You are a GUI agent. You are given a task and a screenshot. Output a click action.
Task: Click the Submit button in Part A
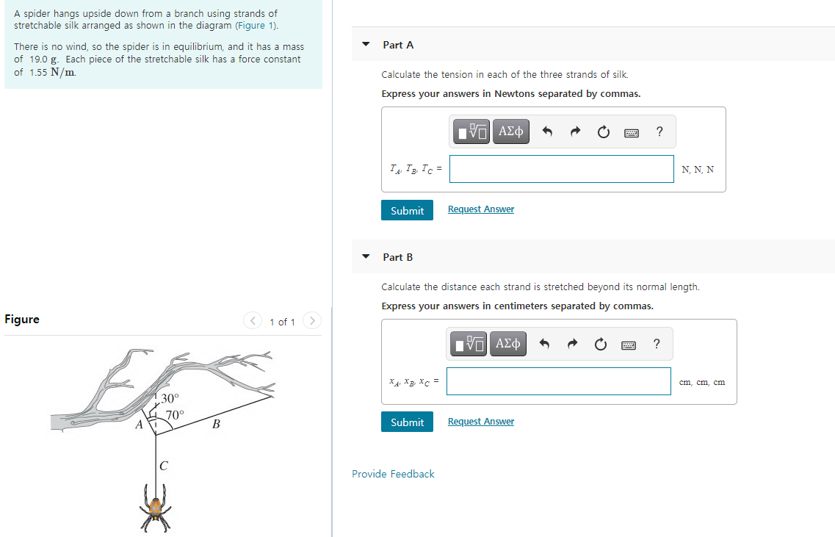click(x=407, y=210)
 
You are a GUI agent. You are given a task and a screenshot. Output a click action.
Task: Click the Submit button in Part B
click(x=407, y=422)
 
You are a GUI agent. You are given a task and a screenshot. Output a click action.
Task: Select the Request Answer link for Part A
click(x=480, y=209)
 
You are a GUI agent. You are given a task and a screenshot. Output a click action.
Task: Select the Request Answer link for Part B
click(x=480, y=422)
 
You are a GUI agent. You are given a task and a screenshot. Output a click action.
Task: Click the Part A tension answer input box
click(x=561, y=169)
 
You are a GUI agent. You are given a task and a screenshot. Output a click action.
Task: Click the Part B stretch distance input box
click(x=558, y=381)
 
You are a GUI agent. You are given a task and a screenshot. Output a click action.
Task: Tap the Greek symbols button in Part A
click(x=510, y=131)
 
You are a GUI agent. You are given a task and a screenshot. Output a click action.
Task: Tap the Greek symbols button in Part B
click(x=509, y=343)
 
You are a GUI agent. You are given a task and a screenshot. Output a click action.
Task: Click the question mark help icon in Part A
click(x=659, y=131)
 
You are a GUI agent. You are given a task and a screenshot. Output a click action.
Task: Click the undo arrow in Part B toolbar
click(x=544, y=344)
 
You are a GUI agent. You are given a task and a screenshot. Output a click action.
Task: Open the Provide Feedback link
click(x=393, y=474)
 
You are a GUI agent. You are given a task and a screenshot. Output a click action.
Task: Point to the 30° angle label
click(x=170, y=398)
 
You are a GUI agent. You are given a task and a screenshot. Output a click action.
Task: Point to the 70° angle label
click(x=175, y=414)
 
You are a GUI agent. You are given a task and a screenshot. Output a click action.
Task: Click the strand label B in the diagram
click(x=216, y=424)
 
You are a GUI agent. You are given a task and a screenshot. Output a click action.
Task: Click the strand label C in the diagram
click(x=163, y=465)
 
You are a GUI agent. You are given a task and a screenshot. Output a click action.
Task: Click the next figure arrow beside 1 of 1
click(x=312, y=321)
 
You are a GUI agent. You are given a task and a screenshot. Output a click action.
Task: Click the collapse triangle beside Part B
click(x=366, y=257)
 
